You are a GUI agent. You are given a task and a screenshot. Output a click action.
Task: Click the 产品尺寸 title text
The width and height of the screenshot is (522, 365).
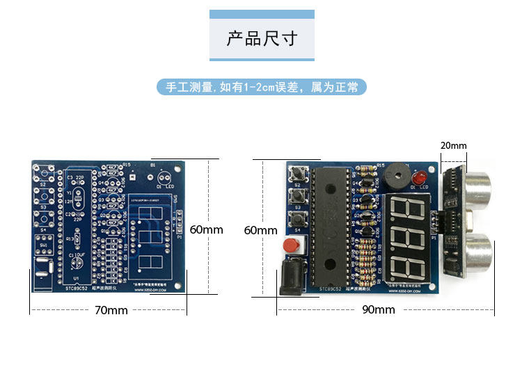tap(262, 38)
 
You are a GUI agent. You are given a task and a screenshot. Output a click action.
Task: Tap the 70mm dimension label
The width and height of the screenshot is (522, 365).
tap(111, 310)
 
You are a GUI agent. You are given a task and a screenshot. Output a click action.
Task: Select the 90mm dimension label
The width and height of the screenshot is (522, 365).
tap(378, 310)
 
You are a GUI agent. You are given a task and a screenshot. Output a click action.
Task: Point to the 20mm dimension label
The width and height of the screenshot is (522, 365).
tap(454, 145)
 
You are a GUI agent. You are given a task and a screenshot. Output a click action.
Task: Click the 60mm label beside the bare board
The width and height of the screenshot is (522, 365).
tap(206, 229)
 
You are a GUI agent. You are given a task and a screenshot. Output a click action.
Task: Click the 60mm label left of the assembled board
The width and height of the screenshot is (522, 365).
tap(260, 230)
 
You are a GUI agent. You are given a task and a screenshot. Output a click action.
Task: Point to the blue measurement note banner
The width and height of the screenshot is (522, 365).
tap(262, 87)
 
